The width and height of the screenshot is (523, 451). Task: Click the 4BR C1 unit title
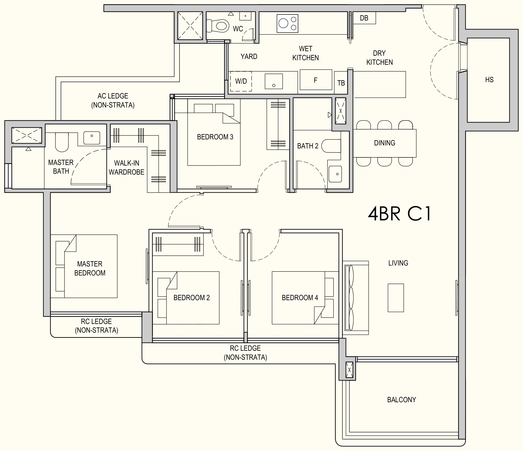pos(399,214)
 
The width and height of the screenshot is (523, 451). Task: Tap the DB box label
pos(364,18)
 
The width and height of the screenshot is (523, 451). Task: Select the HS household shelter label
pos(489,80)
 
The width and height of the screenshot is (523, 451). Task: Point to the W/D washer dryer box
pos(241,81)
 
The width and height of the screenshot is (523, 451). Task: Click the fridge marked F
pos(316,80)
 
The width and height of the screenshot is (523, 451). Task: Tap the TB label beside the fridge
pos(341,83)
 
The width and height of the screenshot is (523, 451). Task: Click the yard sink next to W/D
pos(274,81)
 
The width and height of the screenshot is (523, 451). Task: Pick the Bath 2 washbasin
pos(335,174)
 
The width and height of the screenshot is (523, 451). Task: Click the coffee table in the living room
pos(396,298)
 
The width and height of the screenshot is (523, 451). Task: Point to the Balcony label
pos(401,400)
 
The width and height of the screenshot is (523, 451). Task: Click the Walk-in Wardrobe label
pos(126,168)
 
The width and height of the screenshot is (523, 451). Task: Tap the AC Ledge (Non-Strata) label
pos(113,101)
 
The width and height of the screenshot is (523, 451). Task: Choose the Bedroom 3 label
pos(215,137)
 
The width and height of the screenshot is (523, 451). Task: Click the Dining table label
pos(385,143)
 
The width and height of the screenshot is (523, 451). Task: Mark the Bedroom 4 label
pos(300,298)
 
